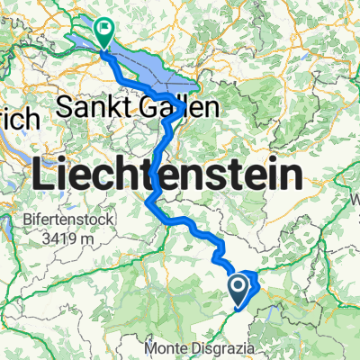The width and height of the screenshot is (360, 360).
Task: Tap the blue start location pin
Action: pyautogui.click(x=238, y=288)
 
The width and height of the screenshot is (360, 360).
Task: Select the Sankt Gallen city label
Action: pyautogui.click(x=138, y=107)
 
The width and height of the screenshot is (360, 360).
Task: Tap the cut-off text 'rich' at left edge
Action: pyautogui.click(x=18, y=118)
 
